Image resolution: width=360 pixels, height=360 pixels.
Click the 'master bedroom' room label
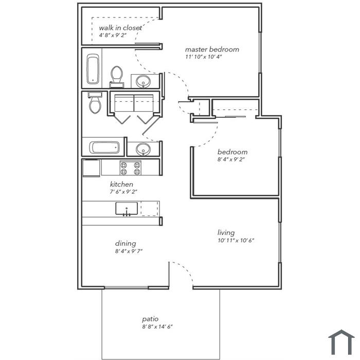click(x=212, y=49)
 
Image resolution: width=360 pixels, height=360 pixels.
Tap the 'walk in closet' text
click(x=120, y=28)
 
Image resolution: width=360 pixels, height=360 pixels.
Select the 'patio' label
click(x=150, y=319)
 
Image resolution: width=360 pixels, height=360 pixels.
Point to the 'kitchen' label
click(x=121, y=184)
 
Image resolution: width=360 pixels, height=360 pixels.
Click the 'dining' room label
click(x=125, y=243)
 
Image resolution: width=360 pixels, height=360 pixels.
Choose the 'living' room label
click(x=226, y=232)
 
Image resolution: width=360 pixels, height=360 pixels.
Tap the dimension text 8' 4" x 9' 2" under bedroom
click(x=231, y=159)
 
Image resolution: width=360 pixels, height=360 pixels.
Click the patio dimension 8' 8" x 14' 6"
click(x=157, y=327)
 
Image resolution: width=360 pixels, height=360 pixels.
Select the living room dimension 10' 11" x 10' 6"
click(x=236, y=240)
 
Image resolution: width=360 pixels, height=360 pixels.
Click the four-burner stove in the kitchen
click(x=131, y=168)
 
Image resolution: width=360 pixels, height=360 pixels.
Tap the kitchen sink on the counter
click(x=127, y=209)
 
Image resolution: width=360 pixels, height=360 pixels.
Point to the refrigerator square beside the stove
click(x=92, y=168)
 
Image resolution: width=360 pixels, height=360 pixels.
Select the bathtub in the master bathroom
click(x=93, y=69)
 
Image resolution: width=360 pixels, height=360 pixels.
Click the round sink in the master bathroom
click(x=143, y=81)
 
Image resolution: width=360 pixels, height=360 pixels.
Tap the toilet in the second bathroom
click(x=95, y=103)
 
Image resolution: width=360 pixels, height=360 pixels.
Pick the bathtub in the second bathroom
click(x=104, y=148)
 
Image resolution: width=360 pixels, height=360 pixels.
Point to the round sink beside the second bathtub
click(x=143, y=149)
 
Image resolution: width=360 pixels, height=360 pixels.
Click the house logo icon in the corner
click(x=341, y=343)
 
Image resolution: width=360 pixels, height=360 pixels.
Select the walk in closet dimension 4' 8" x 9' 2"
click(x=113, y=35)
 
